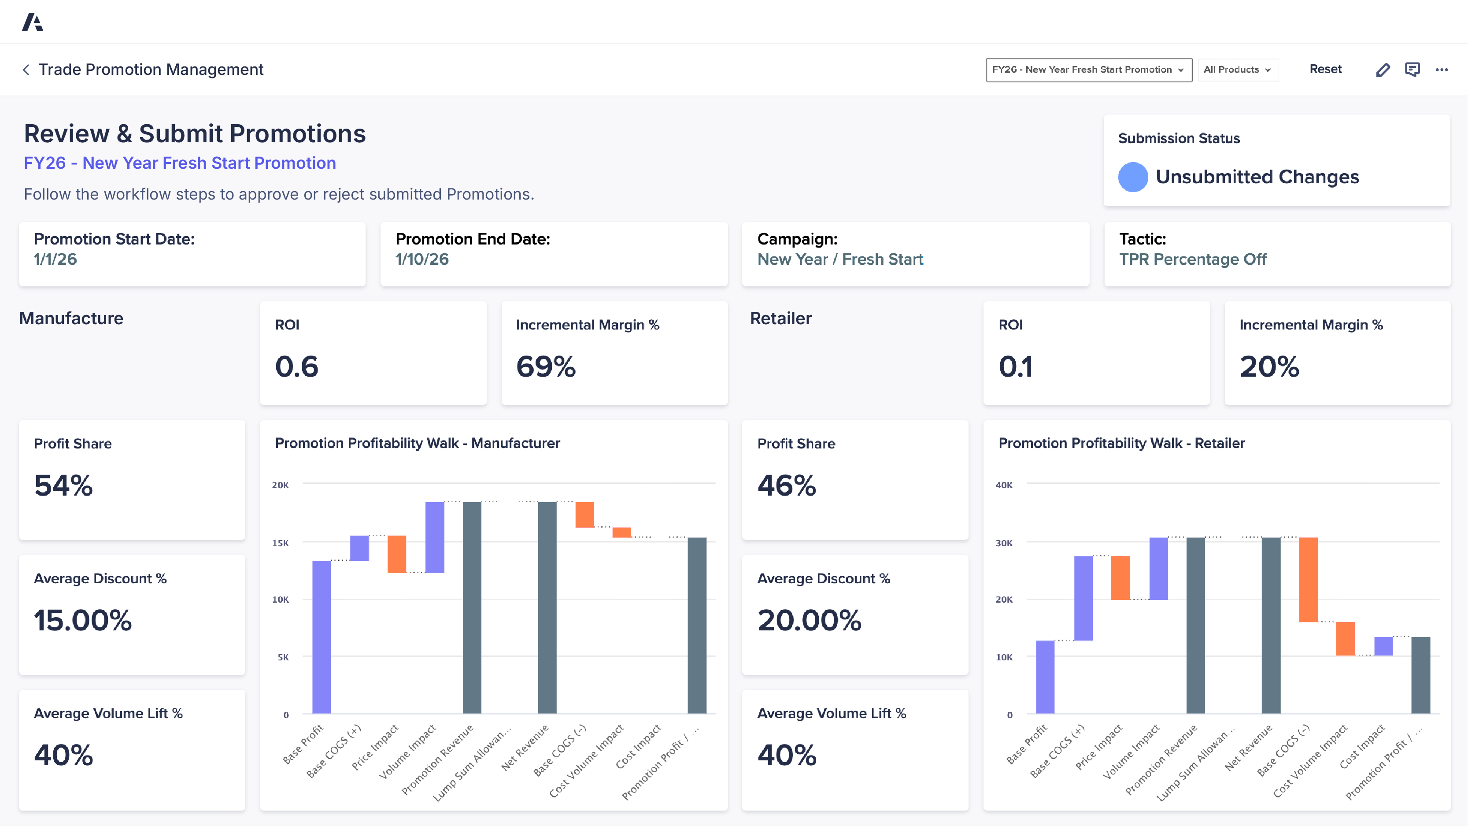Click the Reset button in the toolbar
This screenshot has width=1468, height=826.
pyautogui.click(x=1325, y=70)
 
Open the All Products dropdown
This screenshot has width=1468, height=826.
pyautogui.click(x=1237, y=70)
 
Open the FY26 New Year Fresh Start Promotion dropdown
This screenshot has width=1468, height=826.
pyautogui.click(x=1088, y=70)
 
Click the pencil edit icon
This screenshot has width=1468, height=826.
pyautogui.click(x=1383, y=70)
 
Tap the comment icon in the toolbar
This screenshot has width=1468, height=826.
pyautogui.click(x=1412, y=70)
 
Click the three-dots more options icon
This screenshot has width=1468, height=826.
pyautogui.click(x=1442, y=70)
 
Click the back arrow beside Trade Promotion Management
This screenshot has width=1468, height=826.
pyautogui.click(x=26, y=70)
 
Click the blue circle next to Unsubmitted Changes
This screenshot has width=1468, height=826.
pyautogui.click(x=1132, y=177)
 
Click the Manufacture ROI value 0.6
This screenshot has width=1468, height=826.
pyautogui.click(x=296, y=367)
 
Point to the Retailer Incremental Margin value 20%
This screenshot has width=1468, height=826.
pyautogui.click(x=1269, y=367)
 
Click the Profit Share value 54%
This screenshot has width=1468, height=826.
pyautogui.click(x=63, y=485)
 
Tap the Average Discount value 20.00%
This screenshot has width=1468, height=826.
pyautogui.click(x=809, y=620)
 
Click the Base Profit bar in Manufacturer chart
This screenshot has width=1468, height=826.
pyautogui.click(x=322, y=637)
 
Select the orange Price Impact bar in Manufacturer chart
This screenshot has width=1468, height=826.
pyautogui.click(x=397, y=554)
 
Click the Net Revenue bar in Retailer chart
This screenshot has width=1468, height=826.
pyautogui.click(x=1271, y=625)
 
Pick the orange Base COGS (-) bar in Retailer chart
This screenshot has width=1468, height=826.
pyautogui.click(x=1308, y=579)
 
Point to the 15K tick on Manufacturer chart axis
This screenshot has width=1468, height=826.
pyautogui.click(x=281, y=543)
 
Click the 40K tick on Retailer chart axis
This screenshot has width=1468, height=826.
pyautogui.click(x=1003, y=485)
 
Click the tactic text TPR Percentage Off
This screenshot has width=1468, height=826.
pyautogui.click(x=1192, y=259)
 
